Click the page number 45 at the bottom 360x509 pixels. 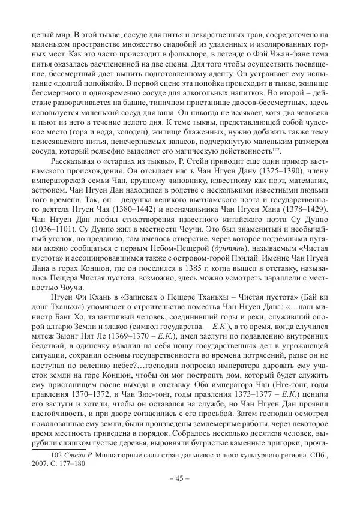(179, 478)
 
